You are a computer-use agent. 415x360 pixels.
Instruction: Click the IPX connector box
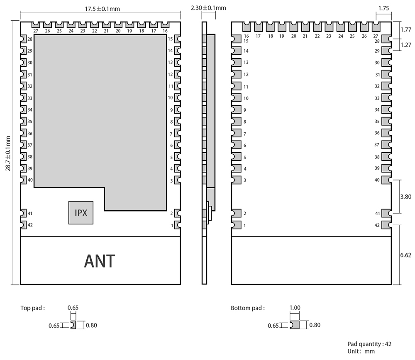(81, 213)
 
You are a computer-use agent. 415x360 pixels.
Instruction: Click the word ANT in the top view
(100, 261)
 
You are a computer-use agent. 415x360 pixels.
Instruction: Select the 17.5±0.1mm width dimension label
(100, 9)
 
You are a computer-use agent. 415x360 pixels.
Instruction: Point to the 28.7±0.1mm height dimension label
(7, 152)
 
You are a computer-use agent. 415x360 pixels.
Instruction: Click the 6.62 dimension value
(405, 255)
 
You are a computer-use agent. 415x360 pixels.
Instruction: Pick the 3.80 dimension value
(405, 197)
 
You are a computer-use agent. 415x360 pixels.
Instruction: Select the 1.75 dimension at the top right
(384, 7)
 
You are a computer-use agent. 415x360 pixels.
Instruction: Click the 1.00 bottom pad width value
(295, 308)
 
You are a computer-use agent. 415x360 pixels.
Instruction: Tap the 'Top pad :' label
(32, 308)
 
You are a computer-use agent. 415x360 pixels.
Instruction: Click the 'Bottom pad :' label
(247, 308)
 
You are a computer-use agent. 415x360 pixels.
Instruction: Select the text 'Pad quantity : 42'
(369, 344)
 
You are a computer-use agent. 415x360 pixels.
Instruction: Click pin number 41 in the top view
(30, 213)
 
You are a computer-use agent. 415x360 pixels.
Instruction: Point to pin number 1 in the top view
(171, 225)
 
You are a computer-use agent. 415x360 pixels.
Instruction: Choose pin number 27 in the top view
(36, 31)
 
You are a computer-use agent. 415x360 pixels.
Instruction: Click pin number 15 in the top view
(171, 39)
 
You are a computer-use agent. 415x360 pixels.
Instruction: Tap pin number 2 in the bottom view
(245, 213)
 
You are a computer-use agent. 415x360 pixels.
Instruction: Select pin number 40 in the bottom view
(377, 180)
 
